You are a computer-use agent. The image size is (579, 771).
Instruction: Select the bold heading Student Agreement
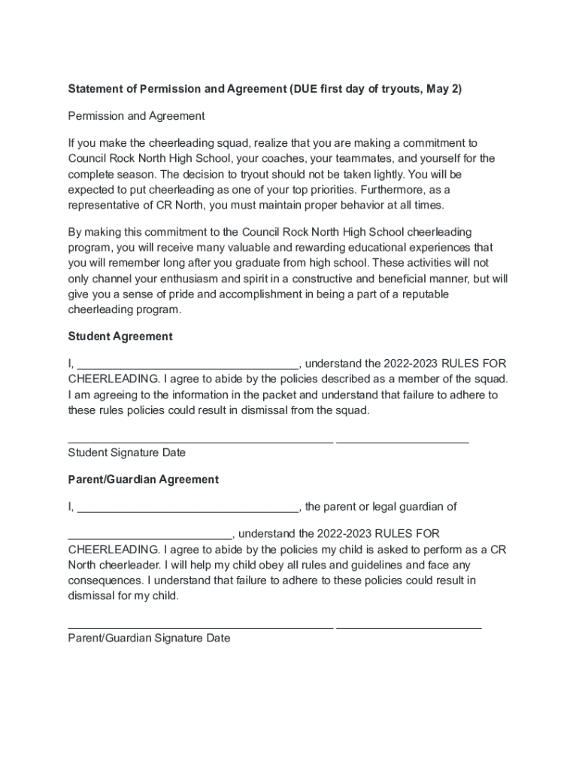pos(120,337)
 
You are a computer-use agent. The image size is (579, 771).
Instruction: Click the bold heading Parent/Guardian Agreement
pos(144,480)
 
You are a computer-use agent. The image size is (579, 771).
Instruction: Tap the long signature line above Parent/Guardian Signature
pos(200,626)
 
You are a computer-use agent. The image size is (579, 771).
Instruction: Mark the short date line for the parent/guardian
pos(408,626)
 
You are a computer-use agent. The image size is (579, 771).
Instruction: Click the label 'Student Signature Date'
pos(126,453)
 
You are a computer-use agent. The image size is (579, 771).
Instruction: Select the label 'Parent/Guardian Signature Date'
pos(149,638)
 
